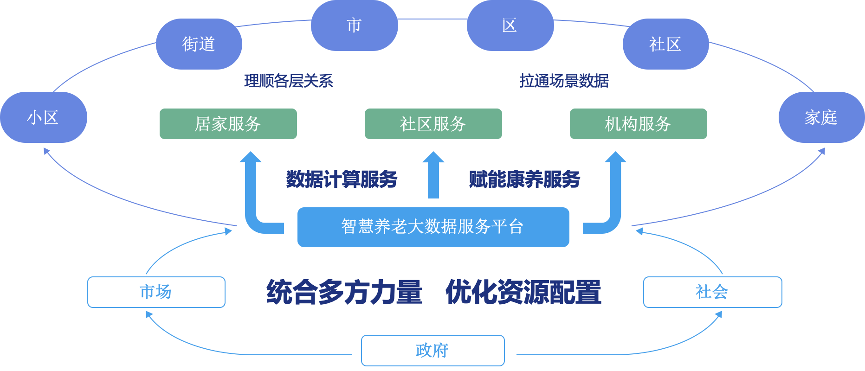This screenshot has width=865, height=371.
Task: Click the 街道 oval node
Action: [x=199, y=44]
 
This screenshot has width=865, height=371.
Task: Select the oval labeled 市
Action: [x=354, y=26]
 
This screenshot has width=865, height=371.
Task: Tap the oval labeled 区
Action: [x=510, y=26]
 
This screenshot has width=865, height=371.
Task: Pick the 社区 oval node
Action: [x=665, y=44]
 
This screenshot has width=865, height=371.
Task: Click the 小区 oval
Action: [x=43, y=117]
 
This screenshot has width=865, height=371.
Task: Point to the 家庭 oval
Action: [x=821, y=117]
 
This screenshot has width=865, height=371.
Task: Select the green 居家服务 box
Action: [x=228, y=124]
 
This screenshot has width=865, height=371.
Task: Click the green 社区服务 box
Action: [x=433, y=124]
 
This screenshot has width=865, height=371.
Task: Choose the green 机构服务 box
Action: [x=638, y=124]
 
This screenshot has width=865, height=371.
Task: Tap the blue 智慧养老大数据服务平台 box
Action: [x=433, y=227]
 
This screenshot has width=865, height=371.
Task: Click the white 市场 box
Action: [x=156, y=292]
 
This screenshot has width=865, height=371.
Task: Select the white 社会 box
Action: [x=712, y=292]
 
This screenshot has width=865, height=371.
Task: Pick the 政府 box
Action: [x=432, y=351]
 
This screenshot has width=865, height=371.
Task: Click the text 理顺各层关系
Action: [x=289, y=81]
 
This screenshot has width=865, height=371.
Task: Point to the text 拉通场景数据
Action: [x=564, y=81]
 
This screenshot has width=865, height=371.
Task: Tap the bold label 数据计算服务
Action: [x=342, y=179]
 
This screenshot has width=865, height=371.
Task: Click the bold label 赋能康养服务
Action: [x=524, y=179]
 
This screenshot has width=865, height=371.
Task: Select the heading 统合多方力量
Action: [x=344, y=293]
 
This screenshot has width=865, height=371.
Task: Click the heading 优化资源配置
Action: [x=523, y=293]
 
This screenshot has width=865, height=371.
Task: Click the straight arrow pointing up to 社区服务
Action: [x=433, y=176]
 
